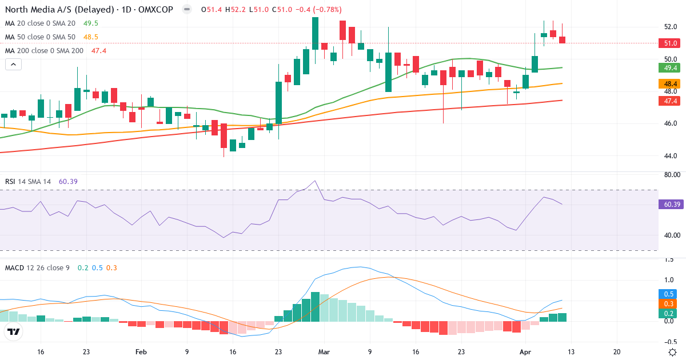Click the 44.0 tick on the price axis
point(671,155)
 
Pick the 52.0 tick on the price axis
point(671,27)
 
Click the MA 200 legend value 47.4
point(99,51)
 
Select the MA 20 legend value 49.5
point(90,23)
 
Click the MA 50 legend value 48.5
point(90,37)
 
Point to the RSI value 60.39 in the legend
point(68,182)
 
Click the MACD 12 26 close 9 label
point(38,267)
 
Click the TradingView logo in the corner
point(14,331)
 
